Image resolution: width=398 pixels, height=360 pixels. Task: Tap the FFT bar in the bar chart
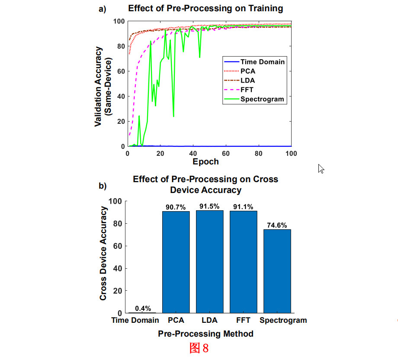(243, 262)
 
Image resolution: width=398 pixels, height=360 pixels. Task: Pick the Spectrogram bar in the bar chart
(277, 271)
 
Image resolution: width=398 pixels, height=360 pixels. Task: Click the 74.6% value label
(277, 225)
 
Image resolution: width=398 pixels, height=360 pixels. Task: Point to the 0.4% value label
(143, 309)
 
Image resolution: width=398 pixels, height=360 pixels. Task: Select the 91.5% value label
(209, 206)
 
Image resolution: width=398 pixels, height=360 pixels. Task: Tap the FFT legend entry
(247, 90)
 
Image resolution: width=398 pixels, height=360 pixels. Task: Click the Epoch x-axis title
(206, 162)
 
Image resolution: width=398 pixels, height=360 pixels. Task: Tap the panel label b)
(103, 186)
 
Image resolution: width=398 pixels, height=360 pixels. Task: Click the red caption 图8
(199, 348)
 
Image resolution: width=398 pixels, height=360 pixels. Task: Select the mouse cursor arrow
(321, 169)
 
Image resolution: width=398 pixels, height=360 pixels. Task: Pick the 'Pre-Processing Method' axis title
(205, 334)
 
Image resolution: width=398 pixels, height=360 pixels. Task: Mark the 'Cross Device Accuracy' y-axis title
(103, 254)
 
